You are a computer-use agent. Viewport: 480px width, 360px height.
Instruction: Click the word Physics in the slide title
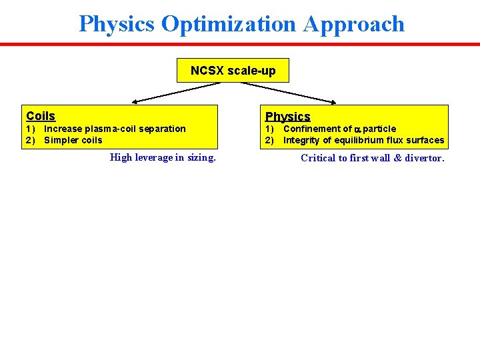117,24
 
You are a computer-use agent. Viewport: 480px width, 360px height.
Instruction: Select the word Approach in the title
354,24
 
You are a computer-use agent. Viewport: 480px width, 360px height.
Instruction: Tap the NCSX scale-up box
233,70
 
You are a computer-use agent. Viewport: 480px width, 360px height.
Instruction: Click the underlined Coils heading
41,116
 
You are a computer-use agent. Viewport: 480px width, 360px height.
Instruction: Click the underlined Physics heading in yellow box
288,117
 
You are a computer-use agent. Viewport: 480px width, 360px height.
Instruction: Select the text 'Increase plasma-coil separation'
115,129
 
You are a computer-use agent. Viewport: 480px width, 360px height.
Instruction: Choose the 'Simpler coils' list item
73,140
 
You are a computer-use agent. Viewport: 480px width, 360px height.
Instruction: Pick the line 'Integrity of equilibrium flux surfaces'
363,140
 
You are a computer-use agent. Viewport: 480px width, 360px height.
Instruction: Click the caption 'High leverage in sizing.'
163,157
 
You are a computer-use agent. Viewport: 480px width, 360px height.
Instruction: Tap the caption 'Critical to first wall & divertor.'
372,158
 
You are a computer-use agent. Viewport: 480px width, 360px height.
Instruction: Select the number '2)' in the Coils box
30,140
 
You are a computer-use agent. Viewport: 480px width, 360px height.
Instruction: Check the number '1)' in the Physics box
269,129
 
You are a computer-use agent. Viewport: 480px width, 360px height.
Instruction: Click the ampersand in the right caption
396,158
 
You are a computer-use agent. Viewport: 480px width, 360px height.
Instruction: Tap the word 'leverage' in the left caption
155,157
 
